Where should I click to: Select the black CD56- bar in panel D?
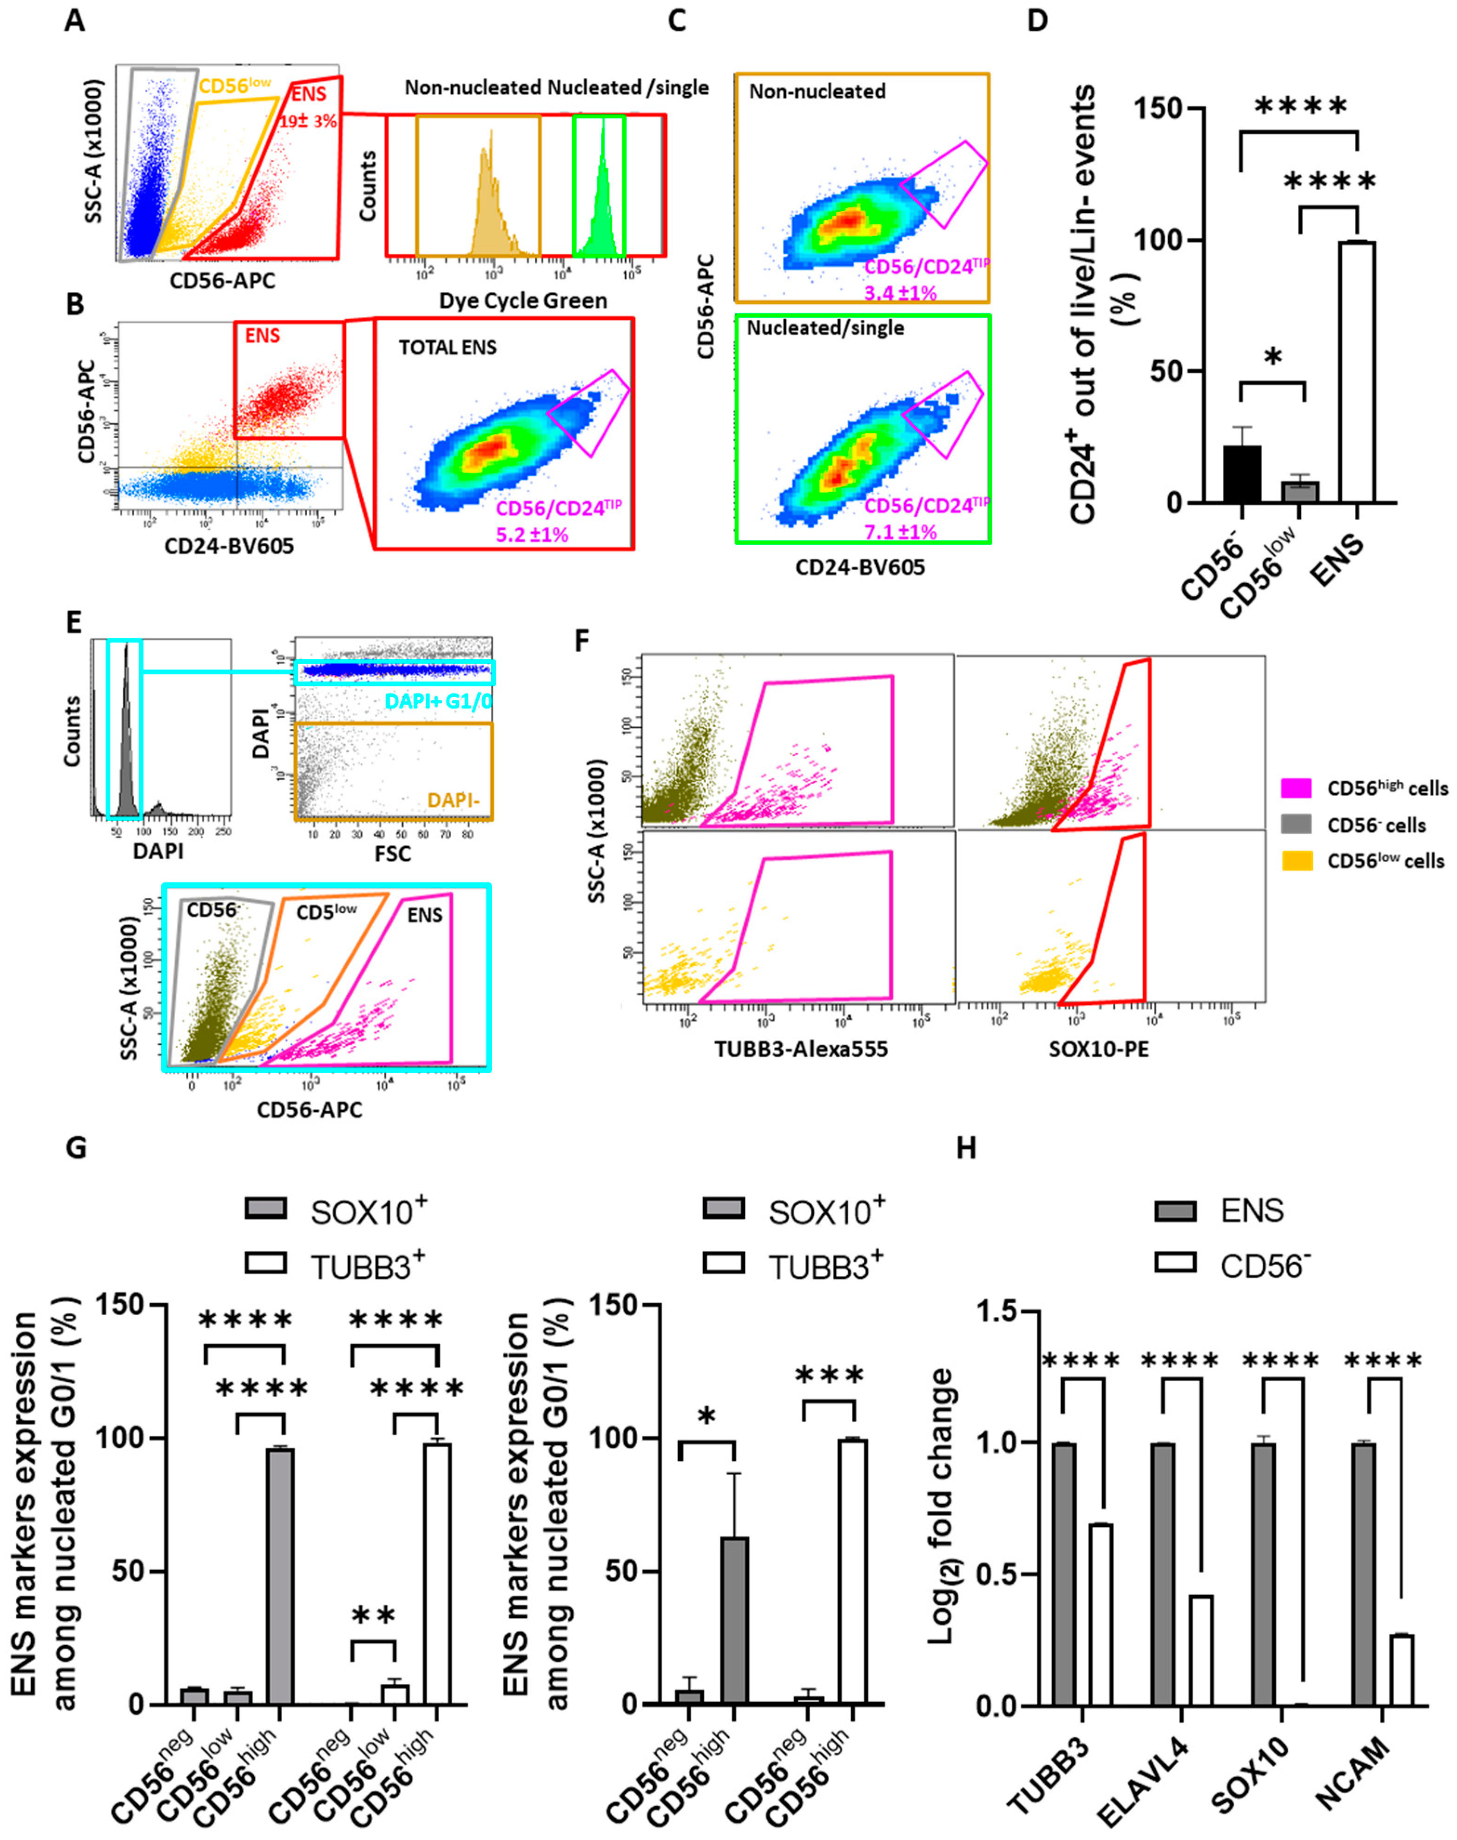click(x=1241, y=474)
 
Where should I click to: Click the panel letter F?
click(x=583, y=640)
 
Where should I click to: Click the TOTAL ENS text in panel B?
click(x=448, y=347)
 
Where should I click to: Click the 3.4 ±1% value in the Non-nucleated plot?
click(x=901, y=293)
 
